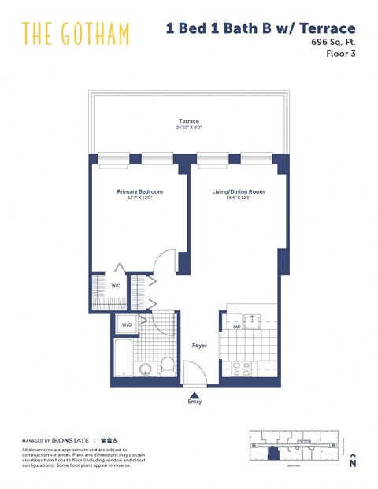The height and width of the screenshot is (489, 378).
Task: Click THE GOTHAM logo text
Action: click(76, 34)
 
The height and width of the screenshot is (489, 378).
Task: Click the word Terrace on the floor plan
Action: click(187, 122)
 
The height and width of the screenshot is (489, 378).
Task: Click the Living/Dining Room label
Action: click(238, 191)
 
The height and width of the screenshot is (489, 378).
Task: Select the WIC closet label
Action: click(116, 286)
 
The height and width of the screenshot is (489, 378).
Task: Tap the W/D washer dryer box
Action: click(127, 324)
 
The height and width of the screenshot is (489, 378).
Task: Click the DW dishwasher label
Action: click(236, 327)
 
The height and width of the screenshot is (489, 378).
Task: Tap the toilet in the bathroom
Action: click(167, 366)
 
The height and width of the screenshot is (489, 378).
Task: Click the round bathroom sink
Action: click(146, 369)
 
